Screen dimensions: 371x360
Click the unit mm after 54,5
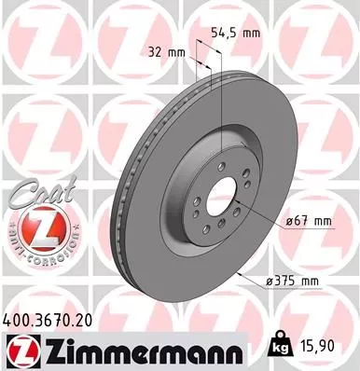coord(248,31)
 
